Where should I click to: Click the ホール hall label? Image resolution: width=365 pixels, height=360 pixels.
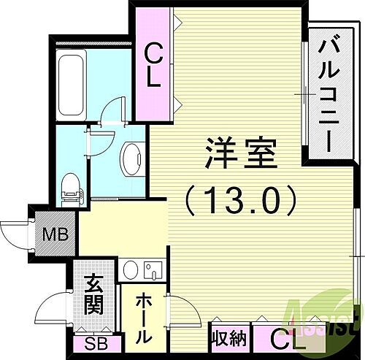[x=142, y=318]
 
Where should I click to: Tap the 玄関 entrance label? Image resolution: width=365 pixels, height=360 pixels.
[x=91, y=294]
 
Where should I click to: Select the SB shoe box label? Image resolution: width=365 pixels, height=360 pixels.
[x=93, y=344]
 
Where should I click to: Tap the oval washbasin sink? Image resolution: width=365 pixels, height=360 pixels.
[x=131, y=156]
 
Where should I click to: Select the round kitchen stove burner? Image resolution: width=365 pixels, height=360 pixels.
[x=130, y=270]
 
